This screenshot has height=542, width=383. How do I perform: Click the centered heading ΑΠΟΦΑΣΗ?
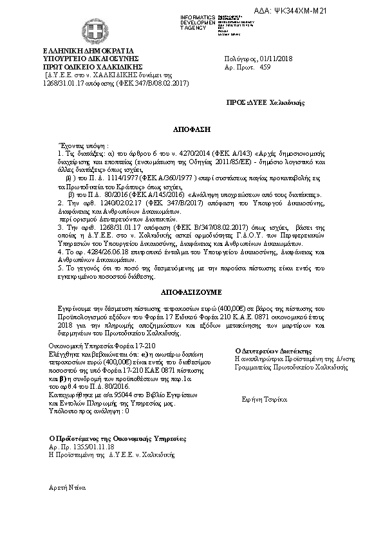tap(191, 129)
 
